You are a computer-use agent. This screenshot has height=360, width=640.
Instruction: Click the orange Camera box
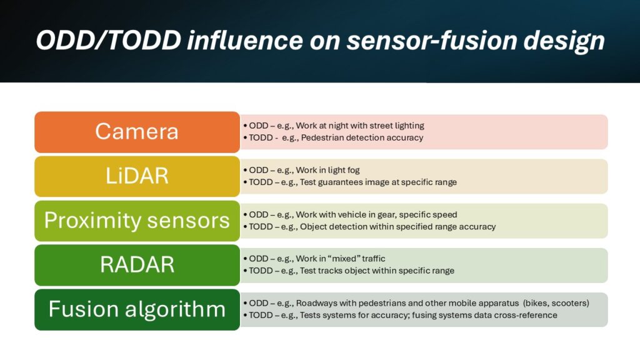(137, 132)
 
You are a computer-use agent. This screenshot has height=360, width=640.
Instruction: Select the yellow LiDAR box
(137, 176)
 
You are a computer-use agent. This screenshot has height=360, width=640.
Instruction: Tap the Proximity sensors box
(137, 221)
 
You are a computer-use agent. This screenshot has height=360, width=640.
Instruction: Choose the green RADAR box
(137, 265)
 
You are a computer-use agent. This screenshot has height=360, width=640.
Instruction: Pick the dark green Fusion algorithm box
(137, 309)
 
